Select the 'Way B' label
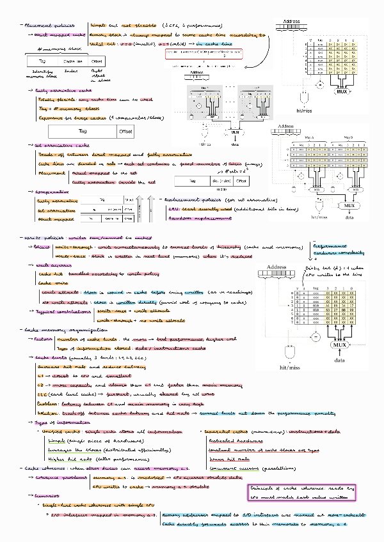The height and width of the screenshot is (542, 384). click(x=348, y=137)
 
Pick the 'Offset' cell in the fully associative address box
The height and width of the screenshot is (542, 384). click(x=126, y=131)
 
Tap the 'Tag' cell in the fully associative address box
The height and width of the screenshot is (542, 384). click(x=83, y=131)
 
